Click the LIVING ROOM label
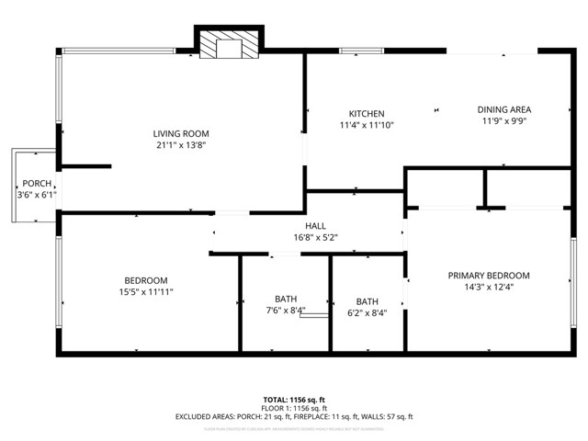182,133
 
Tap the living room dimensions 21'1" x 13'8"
182,145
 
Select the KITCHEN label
366,114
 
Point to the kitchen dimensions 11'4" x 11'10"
366,125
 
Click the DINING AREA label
504,109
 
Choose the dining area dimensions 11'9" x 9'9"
504,120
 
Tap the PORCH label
37,184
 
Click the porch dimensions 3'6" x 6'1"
37,195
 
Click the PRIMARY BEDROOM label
489,276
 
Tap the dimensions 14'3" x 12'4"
489,287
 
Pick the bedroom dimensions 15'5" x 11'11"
146,292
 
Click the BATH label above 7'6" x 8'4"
286,299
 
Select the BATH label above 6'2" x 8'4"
367,301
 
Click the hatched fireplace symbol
227,46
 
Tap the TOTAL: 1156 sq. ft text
294,400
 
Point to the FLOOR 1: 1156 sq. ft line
294,408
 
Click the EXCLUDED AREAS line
294,417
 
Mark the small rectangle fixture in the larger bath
313,316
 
